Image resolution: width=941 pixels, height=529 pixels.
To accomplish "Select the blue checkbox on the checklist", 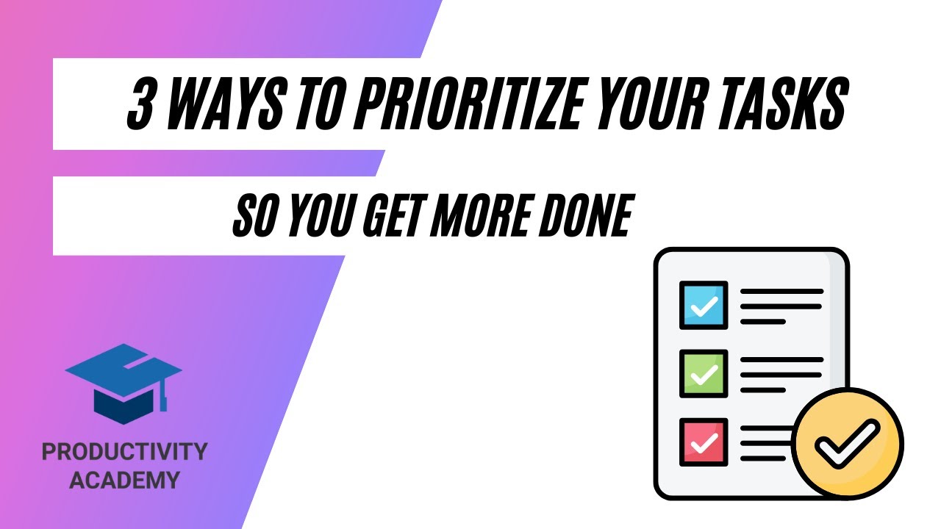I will (x=704, y=305).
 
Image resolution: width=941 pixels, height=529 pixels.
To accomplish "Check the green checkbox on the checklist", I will (x=704, y=374).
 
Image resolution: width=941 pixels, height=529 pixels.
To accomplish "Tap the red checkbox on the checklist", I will (x=704, y=442).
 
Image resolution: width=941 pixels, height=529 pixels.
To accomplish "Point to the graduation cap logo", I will (x=123, y=382).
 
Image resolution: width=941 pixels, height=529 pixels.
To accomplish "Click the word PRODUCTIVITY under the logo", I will (x=125, y=452).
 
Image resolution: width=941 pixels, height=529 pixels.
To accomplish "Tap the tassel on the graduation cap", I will (x=164, y=397).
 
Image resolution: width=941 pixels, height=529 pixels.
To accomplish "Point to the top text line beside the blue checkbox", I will (x=781, y=292).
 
